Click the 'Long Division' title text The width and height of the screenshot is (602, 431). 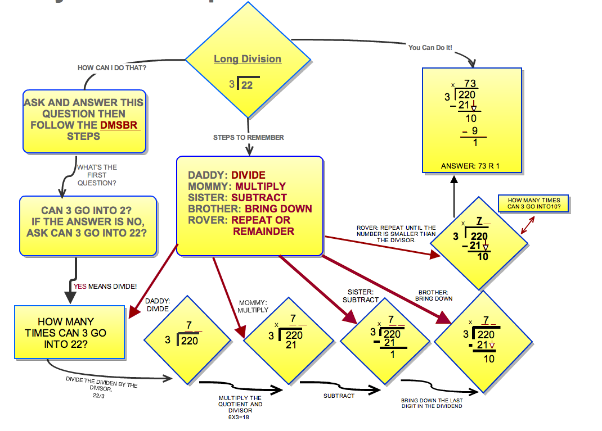(248, 59)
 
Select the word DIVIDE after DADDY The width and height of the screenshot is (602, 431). (248, 175)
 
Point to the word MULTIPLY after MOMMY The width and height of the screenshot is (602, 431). (260, 187)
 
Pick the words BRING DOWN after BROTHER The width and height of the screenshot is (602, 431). (278, 209)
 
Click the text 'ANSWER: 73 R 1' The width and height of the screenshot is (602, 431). (471, 166)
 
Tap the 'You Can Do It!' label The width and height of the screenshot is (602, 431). (430, 48)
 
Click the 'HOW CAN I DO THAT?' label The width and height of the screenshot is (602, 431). (112, 68)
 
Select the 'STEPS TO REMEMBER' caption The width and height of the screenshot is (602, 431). (248, 138)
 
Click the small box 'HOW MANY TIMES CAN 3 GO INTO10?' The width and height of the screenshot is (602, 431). (533, 203)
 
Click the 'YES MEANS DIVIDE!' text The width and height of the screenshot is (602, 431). (105, 286)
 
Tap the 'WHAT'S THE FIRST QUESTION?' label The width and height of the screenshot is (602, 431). (97, 175)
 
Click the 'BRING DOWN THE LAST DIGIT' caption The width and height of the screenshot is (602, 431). (432, 403)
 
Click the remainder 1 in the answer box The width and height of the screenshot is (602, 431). (475, 143)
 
